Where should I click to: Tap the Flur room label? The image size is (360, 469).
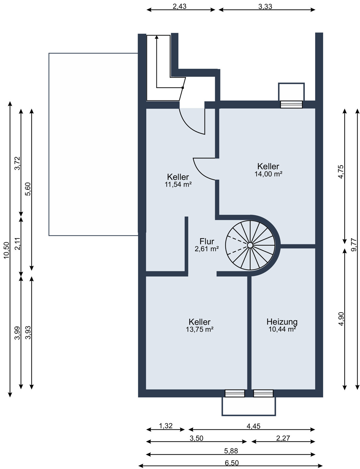(x=207, y=241)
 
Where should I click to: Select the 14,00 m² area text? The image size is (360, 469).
(x=268, y=174)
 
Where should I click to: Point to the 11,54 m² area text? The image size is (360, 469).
(x=178, y=184)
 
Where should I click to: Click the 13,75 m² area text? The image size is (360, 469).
(x=200, y=329)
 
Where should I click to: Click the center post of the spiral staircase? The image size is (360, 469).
(x=250, y=245)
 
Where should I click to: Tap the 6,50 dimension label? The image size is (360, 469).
(x=232, y=463)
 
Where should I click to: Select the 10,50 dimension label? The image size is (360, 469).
(x=6, y=250)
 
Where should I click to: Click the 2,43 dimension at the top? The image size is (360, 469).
(x=179, y=6)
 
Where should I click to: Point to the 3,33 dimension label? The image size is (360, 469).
(x=265, y=6)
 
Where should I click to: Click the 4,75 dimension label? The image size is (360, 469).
(x=341, y=172)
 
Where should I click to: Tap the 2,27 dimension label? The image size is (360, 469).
(x=283, y=438)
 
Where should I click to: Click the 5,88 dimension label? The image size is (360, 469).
(x=231, y=451)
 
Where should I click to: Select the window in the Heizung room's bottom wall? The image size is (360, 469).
(x=263, y=393)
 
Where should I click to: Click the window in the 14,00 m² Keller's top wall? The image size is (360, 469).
(x=291, y=105)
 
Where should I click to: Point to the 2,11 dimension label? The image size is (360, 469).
(x=17, y=244)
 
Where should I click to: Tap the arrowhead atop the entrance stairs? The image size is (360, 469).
(x=157, y=37)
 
